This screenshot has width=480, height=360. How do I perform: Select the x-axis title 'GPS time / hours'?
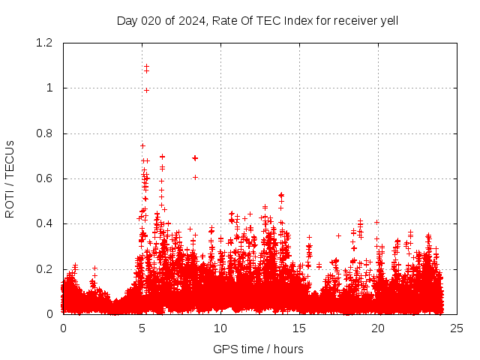coord(258,349)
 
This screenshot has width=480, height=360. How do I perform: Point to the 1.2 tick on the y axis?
coord(45,43)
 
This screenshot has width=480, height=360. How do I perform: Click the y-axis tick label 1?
coord(49,88)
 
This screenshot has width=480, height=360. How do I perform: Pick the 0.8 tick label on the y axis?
coord(45,133)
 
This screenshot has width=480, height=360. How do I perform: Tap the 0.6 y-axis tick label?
coord(45,178)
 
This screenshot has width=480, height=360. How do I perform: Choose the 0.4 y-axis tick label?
coord(45,223)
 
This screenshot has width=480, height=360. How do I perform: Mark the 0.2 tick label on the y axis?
coord(45,268)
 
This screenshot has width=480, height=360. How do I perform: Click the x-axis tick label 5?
coord(142,328)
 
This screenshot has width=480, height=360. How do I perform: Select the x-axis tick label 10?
coord(220,328)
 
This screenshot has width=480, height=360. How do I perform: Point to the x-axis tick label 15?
coord(299,328)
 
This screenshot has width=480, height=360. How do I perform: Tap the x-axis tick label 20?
coord(378,328)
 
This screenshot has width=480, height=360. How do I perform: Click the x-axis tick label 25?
coord(457,328)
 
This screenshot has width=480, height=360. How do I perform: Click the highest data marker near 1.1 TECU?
coord(146,66)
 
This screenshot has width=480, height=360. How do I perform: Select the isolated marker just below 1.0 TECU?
coord(147,90)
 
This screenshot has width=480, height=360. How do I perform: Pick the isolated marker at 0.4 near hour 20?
coord(376,222)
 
